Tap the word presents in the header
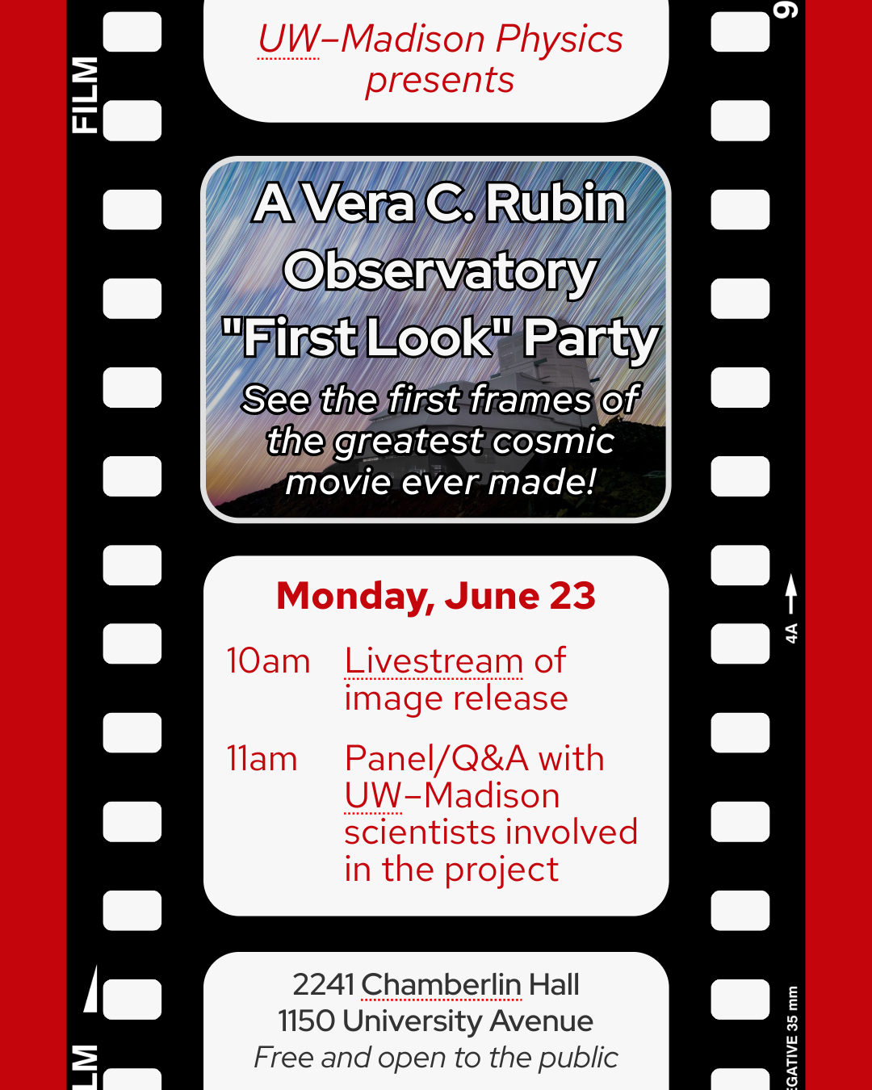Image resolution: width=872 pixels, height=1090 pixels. [x=440, y=82]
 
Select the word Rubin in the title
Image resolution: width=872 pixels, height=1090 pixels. [x=555, y=203]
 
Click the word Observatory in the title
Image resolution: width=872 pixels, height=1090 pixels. [x=440, y=273]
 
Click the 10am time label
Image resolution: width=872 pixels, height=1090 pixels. [x=268, y=661]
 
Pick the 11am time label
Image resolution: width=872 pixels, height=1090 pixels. [x=262, y=759]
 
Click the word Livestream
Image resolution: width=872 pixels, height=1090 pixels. [x=434, y=661]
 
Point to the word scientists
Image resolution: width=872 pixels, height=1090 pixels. [x=419, y=832]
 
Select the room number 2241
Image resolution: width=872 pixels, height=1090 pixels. [x=323, y=984]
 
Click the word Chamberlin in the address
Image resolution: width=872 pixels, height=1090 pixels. [x=442, y=984]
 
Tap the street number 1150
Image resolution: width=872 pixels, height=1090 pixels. [x=307, y=1021]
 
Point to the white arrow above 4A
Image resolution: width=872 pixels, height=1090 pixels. [x=791, y=593]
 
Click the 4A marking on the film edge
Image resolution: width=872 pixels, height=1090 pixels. [x=791, y=633]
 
